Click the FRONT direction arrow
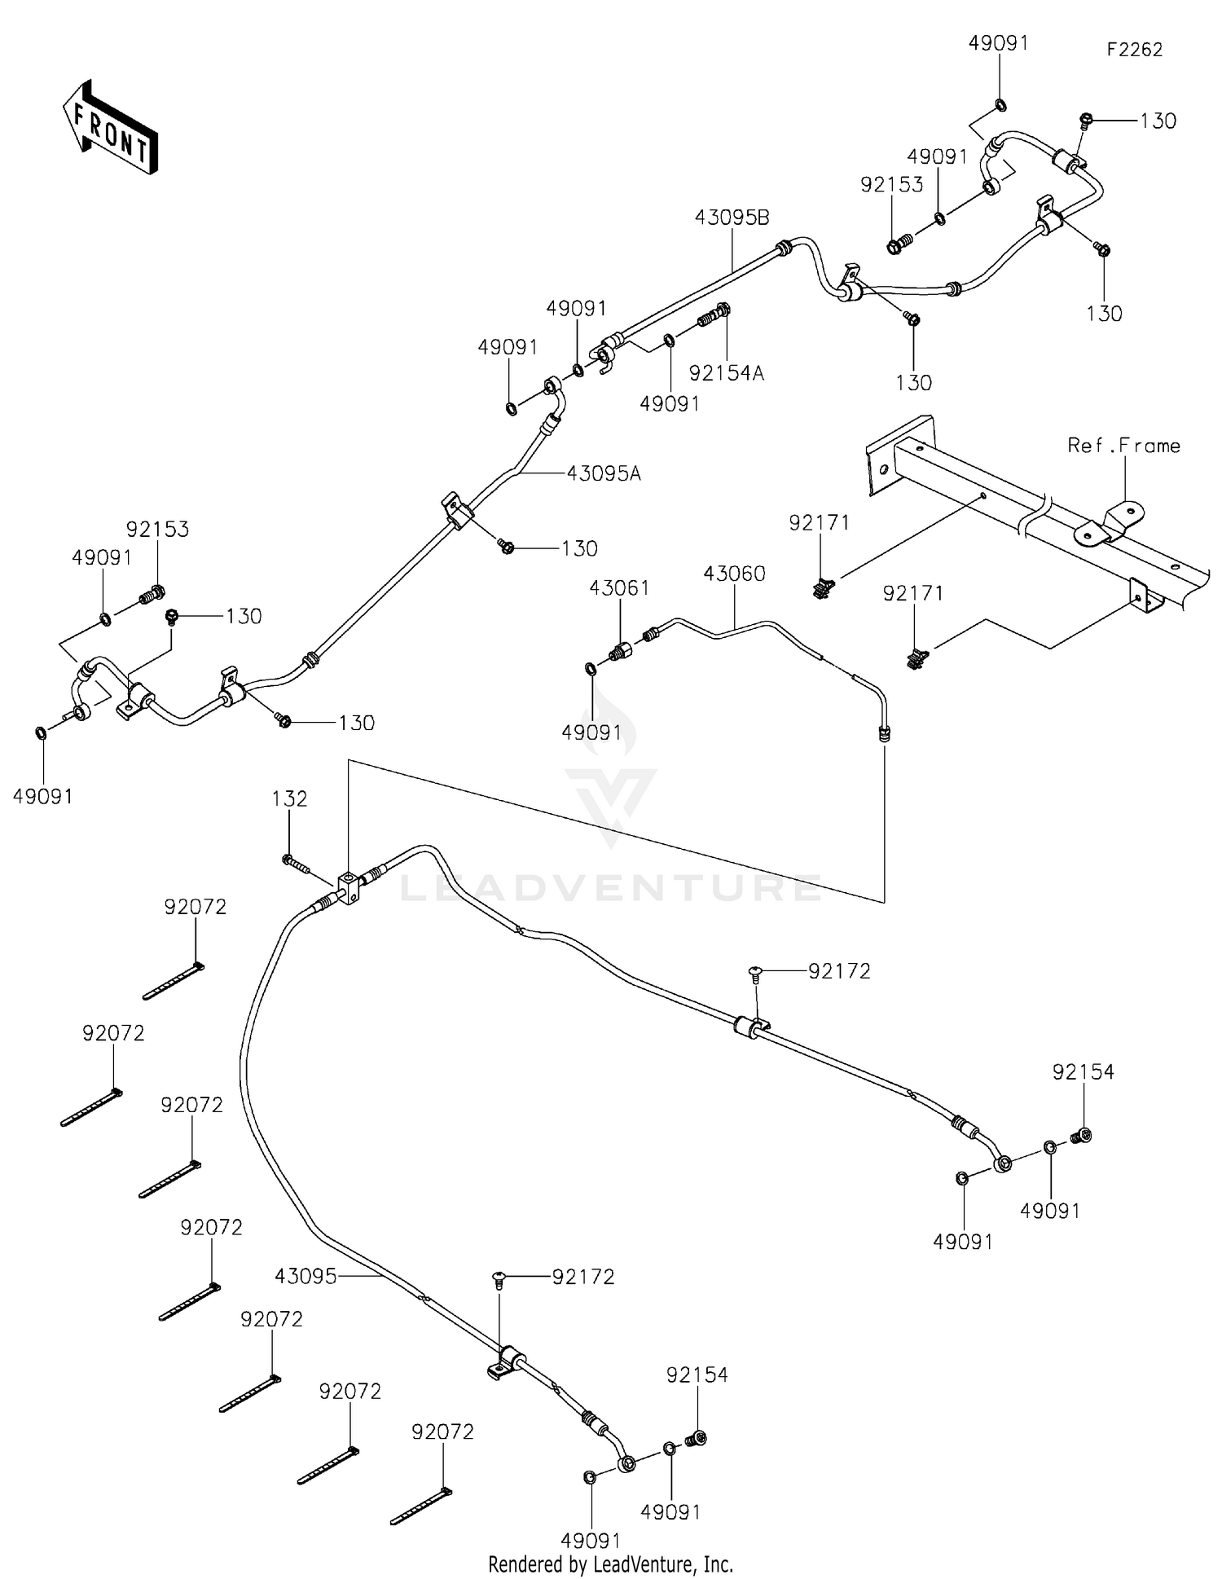(109, 128)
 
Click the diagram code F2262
(1134, 49)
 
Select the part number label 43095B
(732, 218)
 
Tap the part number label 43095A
(603, 473)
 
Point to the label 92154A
(726, 373)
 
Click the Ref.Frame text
(1123, 446)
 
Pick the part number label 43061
(619, 587)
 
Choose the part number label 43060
(734, 574)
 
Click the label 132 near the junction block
(289, 798)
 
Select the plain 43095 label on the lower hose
(305, 1276)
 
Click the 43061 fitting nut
(621, 649)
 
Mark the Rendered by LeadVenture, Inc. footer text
(610, 1564)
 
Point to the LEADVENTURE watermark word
(610, 887)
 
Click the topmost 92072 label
(195, 907)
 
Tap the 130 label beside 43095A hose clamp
(579, 548)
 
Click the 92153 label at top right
(891, 184)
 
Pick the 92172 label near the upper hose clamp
(839, 970)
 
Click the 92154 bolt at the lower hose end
(697, 1439)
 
